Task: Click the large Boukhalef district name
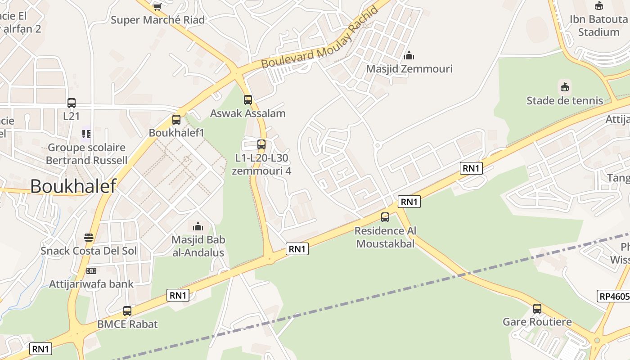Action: pyautogui.click(x=73, y=186)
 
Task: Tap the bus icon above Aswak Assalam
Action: pyautogui.click(x=248, y=100)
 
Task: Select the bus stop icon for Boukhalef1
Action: pyautogui.click(x=176, y=120)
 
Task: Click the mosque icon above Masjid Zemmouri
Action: pyautogui.click(x=409, y=55)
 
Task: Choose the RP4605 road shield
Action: pyautogui.click(x=614, y=296)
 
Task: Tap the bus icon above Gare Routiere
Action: pyautogui.click(x=537, y=309)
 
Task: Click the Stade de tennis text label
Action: pyautogui.click(x=565, y=100)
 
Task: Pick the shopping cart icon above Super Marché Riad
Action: pyautogui.click(x=157, y=7)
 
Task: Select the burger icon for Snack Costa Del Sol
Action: pyautogui.click(x=89, y=237)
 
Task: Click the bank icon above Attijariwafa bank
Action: pyautogui.click(x=91, y=271)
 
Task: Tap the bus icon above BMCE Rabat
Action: pyautogui.click(x=127, y=310)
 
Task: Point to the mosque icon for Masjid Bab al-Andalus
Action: pyautogui.click(x=198, y=226)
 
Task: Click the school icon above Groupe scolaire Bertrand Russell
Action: pyautogui.click(x=86, y=134)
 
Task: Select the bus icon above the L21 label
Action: pyautogui.click(x=72, y=103)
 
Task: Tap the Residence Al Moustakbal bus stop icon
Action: pyautogui.click(x=385, y=217)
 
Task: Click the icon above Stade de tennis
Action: pyautogui.click(x=564, y=87)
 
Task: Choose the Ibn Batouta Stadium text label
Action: pyautogui.click(x=598, y=26)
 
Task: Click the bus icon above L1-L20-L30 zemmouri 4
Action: pyautogui.click(x=261, y=144)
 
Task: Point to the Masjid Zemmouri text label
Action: pyautogui.click(x=409, y=69)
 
